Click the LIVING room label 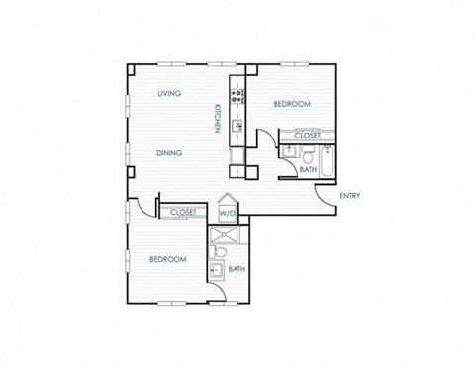169,94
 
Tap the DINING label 169,153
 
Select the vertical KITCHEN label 217,119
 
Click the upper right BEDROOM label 292,104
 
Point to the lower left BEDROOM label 167,259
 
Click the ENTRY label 349,196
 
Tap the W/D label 226,213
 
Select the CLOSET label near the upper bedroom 307,136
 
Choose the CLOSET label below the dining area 183,212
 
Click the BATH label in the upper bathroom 308,170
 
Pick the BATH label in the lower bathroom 237,268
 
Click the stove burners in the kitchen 237,97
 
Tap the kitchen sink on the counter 237,125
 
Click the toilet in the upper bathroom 306,155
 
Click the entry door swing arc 325,195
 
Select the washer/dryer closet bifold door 226,199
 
